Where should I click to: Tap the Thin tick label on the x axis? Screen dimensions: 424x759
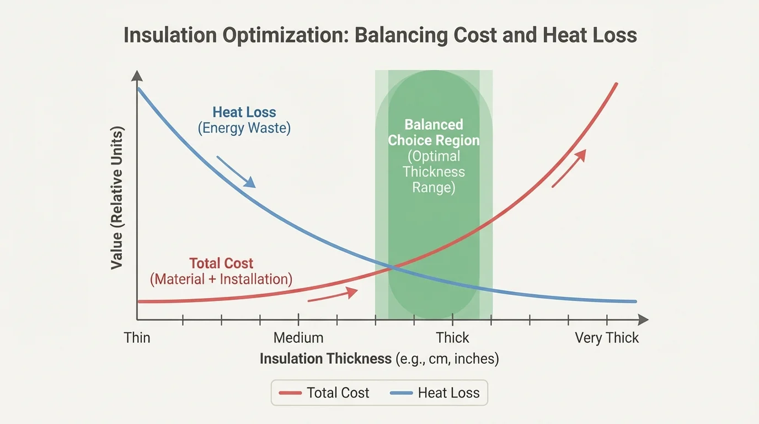tap(137, 337)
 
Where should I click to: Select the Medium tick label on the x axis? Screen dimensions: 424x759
tap(298, 337)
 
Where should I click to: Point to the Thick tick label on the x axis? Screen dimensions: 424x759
tap(452, 337)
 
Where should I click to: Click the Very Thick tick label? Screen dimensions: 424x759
tap(607, 337)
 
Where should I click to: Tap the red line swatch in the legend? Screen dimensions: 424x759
tap(290, 393)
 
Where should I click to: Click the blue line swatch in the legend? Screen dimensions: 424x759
tap(401, 393)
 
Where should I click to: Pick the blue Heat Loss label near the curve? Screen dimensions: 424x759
tap(244, 112)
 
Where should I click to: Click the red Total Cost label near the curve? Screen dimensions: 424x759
tap(221, 263)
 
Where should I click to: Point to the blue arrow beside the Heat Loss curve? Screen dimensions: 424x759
tap(236, 172)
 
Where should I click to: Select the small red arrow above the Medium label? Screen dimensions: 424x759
tap(329, 295)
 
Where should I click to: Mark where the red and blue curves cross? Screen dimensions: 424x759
tap(392, 268)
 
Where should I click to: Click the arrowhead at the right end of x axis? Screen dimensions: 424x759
tap(643, 319)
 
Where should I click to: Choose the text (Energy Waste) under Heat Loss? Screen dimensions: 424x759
tap(244, 129)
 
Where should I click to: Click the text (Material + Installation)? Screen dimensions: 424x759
tap(221, 279)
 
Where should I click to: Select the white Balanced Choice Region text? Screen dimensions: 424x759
tap(434, 132)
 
